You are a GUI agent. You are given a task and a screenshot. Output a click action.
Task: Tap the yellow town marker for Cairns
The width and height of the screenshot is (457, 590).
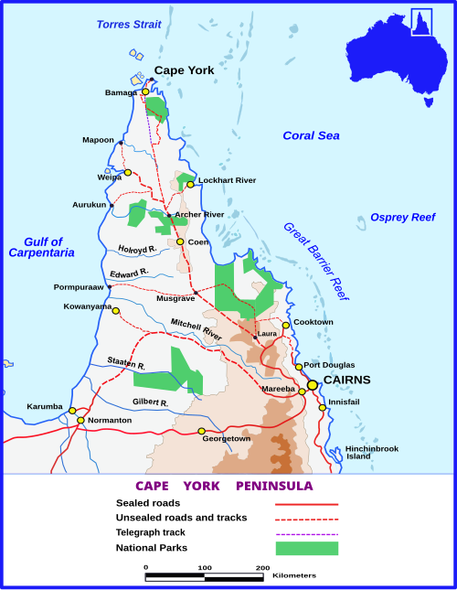pos(313,385)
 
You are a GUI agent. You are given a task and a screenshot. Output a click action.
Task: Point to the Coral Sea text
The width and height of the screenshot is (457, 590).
pos(311,135)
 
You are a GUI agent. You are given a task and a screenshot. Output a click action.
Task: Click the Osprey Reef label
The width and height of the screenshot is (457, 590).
pos(403,217)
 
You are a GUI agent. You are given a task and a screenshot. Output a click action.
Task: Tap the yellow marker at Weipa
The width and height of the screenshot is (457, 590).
pos(128,173)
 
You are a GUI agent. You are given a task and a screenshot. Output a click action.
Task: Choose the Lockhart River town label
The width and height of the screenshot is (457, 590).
pos(227,180)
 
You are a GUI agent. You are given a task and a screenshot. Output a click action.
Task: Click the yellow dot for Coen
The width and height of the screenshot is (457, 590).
pos(180,242)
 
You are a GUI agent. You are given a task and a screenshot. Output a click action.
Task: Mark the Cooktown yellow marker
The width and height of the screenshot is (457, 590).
pos(286,325)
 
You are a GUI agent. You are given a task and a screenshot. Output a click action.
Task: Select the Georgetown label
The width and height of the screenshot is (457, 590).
pos(226,439)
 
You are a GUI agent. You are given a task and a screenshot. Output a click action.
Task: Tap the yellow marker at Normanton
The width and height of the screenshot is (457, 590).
pos(81,421)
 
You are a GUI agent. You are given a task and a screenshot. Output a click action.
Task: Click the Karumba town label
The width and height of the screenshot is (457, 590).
pos(45,406)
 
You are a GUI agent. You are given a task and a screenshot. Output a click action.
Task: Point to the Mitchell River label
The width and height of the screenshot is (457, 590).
pos(197,328)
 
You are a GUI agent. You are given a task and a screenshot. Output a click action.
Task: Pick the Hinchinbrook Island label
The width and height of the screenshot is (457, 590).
pos(371,453)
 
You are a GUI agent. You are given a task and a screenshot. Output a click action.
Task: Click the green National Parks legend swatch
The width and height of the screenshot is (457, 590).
pos(307,548)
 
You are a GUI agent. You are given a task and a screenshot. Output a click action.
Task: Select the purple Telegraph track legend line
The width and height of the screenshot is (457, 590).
pos(307,533)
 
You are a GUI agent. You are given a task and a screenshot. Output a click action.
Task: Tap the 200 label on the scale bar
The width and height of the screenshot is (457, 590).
pos(262,568)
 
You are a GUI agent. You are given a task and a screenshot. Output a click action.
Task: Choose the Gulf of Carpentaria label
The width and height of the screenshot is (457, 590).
pos(42,246)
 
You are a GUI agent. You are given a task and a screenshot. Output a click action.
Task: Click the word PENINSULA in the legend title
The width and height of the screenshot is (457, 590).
pos(274,486)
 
